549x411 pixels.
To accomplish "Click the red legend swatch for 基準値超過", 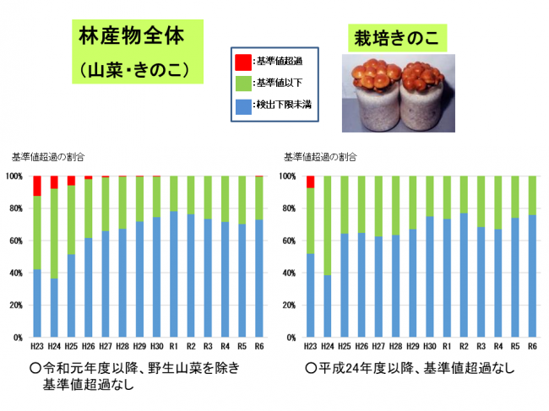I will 242,61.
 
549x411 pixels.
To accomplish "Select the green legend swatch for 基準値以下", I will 242,84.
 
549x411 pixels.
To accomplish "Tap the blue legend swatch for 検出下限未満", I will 242,106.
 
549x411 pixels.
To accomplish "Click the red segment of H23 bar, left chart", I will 37,186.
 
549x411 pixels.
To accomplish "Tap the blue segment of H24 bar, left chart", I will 54,308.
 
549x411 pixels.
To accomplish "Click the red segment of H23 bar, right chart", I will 311,181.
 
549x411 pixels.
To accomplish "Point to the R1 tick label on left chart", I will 173,346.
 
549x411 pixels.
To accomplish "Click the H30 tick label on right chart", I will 430,346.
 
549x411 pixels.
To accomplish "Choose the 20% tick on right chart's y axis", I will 291,306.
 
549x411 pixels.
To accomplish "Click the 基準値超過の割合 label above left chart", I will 48,157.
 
